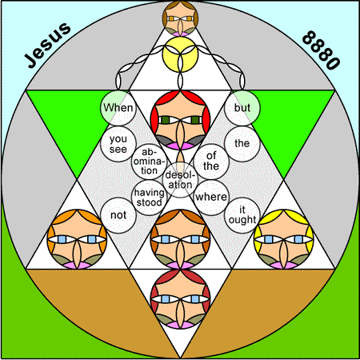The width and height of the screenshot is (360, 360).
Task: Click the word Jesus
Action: [x=48, y=45]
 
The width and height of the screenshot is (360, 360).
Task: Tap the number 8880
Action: [x=322, y=50]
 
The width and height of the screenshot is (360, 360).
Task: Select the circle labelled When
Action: [x=118, y=108]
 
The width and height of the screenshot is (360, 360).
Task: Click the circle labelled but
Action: [x=242, y=108]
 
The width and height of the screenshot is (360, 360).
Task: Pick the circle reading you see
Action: [x=118, y=144]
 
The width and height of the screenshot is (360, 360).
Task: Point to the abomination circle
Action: [x=149, y=162]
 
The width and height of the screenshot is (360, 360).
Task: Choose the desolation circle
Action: [x=180, y=180]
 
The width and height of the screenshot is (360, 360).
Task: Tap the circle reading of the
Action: [x=211, y=162]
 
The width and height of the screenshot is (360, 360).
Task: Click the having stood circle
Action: [x=149, y=198]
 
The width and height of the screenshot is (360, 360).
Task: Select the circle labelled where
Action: [x=211, y=198]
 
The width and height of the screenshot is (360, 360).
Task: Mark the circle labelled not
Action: [x=118, y=215]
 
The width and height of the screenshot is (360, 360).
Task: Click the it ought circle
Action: [x=242, y=215]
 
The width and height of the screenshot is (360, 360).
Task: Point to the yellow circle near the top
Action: [x=180, y=54]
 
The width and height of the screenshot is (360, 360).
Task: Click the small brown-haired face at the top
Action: [x=180, y=18]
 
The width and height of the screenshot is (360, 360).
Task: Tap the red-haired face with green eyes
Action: [x=180, y=120]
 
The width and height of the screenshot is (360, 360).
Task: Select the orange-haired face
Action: [x=77, y=239]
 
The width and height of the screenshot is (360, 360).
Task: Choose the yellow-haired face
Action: [x=284, y=239]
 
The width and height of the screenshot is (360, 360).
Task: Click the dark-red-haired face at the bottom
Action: [x=180, y=299]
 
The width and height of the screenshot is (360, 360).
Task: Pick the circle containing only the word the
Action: [x=242, y=144]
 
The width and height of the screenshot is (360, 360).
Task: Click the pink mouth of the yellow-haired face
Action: [x=284, y=265]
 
